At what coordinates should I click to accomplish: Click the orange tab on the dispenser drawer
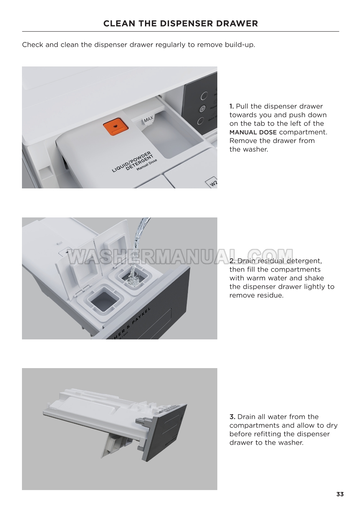click(116, 126)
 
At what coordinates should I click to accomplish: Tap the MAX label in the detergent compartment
click(149, 119)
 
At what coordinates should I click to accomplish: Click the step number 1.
click(232, 106)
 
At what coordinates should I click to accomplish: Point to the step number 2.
click(232, 261)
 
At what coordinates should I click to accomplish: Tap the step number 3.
click(232, 417)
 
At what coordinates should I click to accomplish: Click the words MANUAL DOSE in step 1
click(253, 132)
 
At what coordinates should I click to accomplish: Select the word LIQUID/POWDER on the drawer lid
click(131, 162)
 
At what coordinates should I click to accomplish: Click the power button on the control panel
click(202, 109)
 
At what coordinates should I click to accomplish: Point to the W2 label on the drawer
click(213, 183)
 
